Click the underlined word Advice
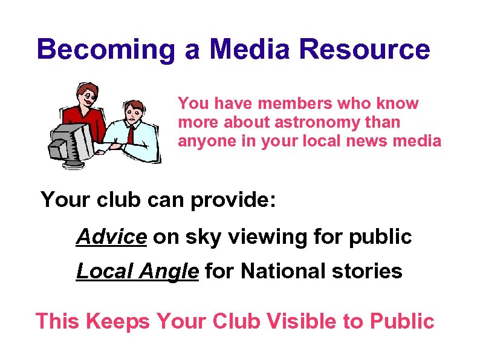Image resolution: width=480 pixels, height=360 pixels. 111,237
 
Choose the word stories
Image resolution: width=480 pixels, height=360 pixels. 372,271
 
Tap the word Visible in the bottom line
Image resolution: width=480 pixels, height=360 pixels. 302,321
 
